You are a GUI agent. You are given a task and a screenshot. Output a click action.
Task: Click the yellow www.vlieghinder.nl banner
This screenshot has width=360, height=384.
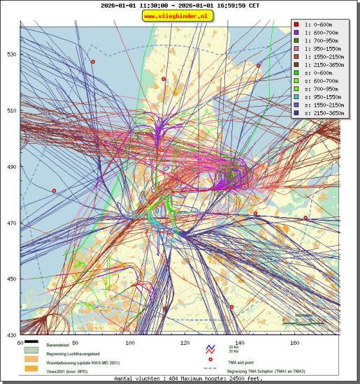pos(178,15)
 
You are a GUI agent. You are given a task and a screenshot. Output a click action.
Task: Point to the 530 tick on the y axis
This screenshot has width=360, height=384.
pos(11,54)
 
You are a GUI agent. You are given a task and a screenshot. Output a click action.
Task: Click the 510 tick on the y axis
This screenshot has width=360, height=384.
pos(11,110)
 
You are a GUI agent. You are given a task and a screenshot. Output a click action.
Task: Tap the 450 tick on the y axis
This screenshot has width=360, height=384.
pos(11,279)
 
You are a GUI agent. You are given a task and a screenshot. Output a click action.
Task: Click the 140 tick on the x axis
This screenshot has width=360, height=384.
pos(240,343)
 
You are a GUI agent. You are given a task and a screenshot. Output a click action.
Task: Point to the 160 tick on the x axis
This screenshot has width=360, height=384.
pos(294,343)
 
